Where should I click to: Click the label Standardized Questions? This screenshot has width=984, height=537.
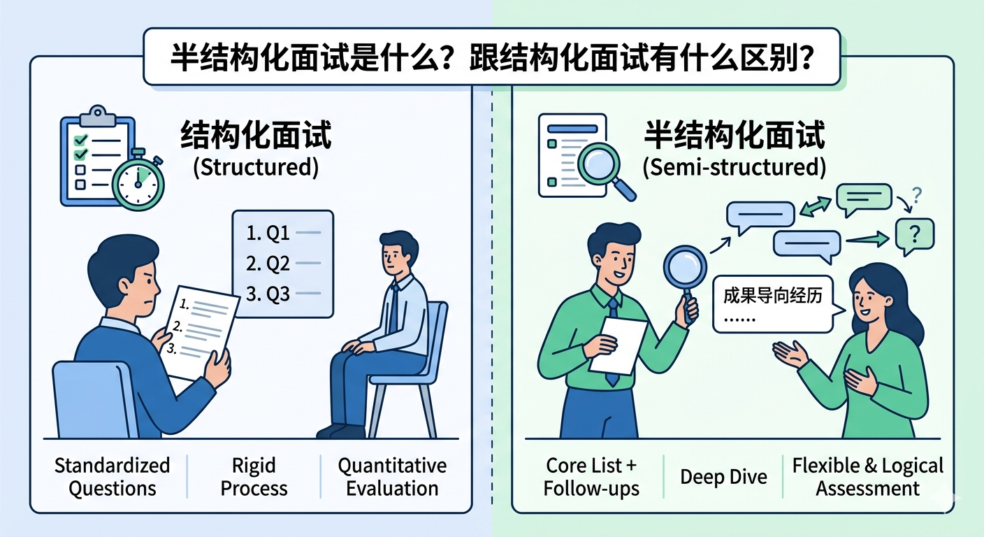[x=113, y=477]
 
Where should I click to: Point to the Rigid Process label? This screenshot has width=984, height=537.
[x=254, y=477]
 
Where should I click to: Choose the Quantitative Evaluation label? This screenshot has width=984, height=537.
[x=392, y=477]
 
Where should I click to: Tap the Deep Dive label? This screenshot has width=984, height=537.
[x=723, y=477]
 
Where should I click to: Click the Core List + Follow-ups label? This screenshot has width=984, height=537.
[x=592, y=477]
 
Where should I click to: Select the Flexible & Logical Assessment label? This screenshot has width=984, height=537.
[x=867, y=477]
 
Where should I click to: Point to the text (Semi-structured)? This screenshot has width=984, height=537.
[x=733, y=169]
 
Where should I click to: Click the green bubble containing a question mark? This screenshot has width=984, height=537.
[x=915, y=234]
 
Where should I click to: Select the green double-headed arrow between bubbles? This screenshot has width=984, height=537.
[x=816, y=206]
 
